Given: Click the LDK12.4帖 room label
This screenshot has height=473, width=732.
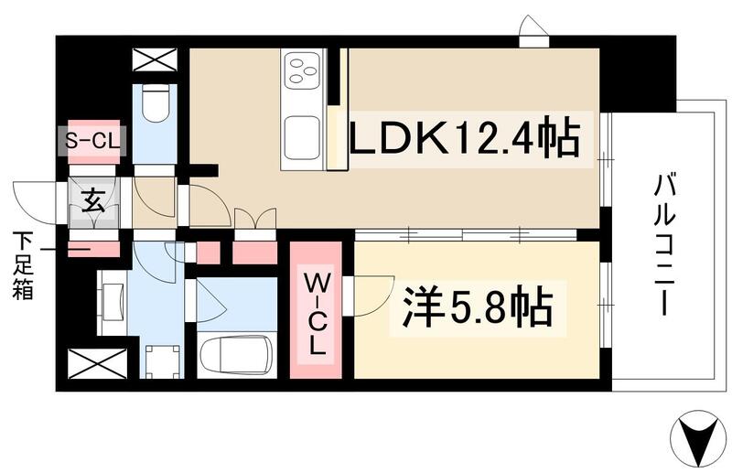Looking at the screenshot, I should (464, 142).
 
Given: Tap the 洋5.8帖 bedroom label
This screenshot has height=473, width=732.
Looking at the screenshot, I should (477, 309).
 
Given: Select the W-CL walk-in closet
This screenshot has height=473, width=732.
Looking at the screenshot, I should (315, 309).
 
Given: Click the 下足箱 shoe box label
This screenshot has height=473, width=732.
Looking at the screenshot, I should (23, 266).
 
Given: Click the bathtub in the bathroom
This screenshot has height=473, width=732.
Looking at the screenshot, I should (236, 353).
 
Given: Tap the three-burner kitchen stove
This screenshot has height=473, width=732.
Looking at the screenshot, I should (302, 70).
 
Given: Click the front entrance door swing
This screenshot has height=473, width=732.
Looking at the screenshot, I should (37, 203).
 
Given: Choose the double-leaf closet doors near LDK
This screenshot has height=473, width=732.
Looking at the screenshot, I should (254, 222).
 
